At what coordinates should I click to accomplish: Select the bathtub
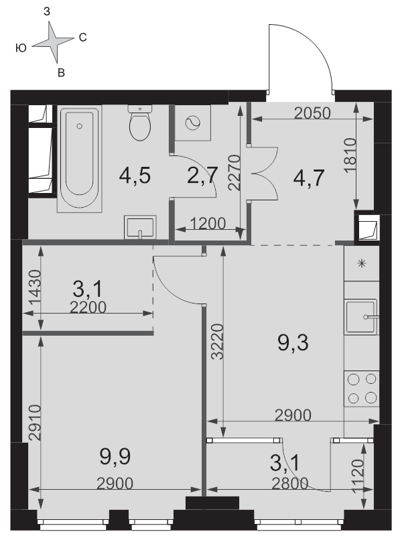point(79,159)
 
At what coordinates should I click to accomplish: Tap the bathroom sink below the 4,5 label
point(140,227)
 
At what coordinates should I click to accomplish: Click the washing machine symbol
point(193,123)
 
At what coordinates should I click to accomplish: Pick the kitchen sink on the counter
point(362,316)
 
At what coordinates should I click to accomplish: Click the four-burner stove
point(362,389)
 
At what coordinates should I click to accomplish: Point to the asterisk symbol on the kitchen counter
point(362,263)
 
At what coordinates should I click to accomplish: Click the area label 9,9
point(115,457)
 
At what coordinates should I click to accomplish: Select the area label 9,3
point(293,343)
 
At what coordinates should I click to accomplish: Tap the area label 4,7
point(309,178)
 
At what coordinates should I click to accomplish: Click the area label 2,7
point(202,176)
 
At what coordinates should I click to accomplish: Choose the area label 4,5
point(135,176)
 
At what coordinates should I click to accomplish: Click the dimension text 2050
point(312,113)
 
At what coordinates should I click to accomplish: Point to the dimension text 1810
point(350,155)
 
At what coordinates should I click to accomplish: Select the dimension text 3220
point(217,342)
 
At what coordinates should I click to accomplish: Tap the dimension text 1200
point(208,224)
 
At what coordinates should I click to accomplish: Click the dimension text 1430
point(35,287)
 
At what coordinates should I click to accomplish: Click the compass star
point(53,42)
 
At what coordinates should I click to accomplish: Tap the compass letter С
point(82,38)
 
